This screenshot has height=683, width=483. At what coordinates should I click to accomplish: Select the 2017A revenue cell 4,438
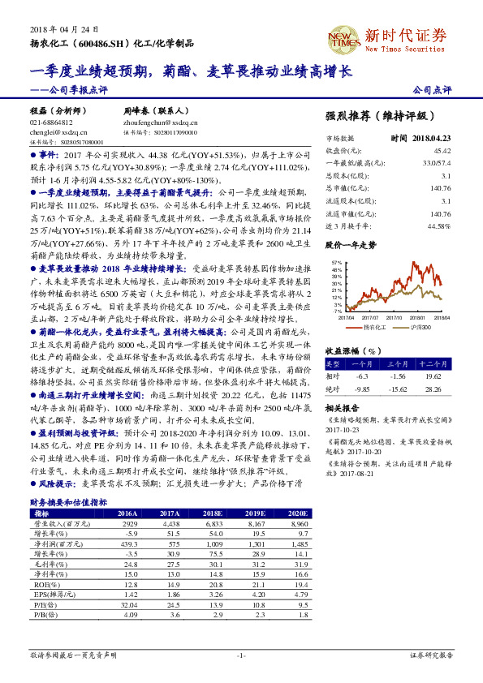170,523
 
